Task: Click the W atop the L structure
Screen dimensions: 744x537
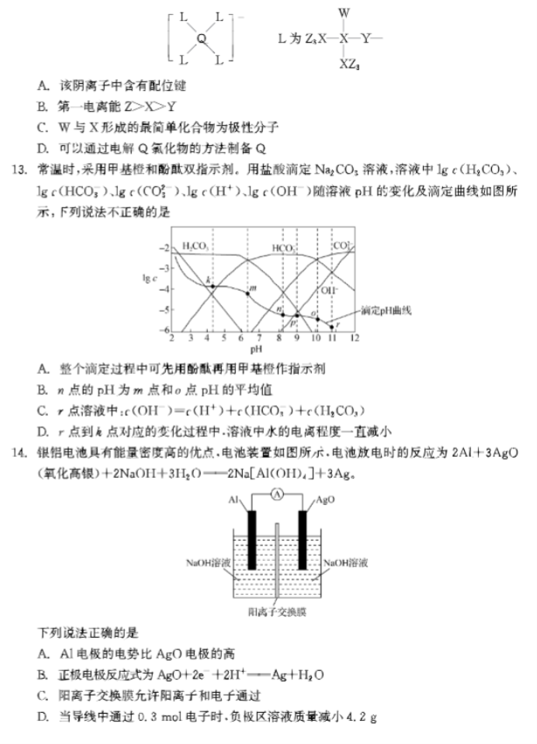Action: point(345,13)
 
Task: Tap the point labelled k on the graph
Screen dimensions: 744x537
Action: point(213,287)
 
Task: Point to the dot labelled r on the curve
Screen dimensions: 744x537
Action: point(332,327)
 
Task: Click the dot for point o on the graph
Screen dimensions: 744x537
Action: point(315,318)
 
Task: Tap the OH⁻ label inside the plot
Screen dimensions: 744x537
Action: point(328,290)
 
